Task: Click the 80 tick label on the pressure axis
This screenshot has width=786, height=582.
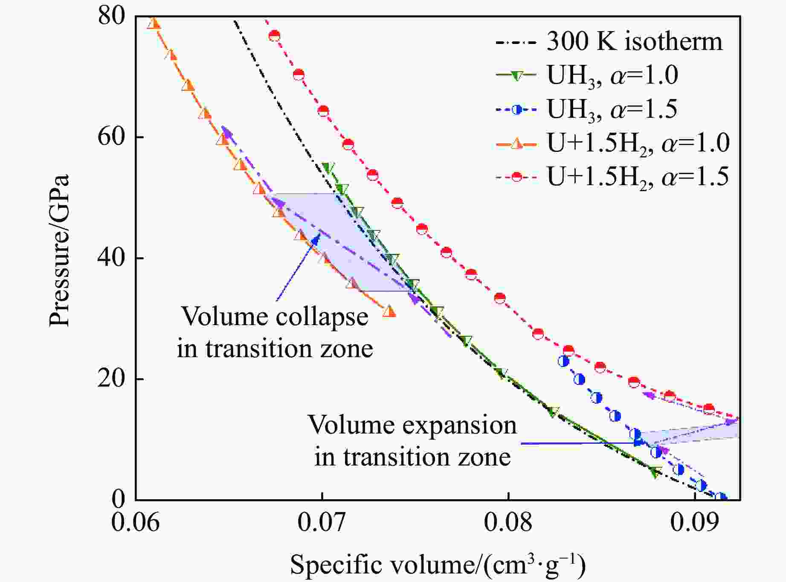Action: coord(112,17)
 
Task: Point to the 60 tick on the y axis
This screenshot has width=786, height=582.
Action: coord(112,137)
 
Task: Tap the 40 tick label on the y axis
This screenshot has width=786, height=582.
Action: coord(112,258)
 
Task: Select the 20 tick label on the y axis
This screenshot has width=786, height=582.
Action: coord(112,379)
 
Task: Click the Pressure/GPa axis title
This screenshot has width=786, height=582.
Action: coord(59,251)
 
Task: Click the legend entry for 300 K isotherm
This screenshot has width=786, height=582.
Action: coord(634,42)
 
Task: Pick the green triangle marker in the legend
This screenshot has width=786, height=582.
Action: coord(516,76)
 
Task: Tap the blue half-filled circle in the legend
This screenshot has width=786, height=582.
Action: coord(516,110)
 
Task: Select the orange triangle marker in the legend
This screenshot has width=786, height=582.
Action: coord(516,143)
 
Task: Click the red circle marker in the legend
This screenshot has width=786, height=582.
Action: coord(516,176)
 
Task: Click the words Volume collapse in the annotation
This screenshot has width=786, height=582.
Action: coord(275,317)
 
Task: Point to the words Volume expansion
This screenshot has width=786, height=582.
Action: coord(412,425)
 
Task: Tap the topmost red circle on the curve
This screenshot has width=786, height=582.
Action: coord(274,36)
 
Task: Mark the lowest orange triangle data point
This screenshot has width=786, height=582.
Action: coord(389,311)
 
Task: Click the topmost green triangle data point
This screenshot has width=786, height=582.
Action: coord(328,168)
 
